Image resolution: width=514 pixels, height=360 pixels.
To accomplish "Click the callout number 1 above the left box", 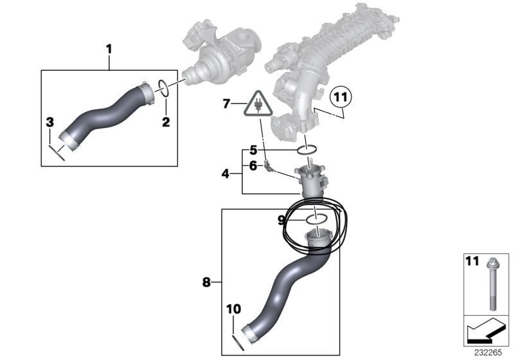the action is pyautogui.click(x=109, y=50).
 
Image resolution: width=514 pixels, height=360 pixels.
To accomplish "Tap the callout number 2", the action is pyautogui.click(x=166, y=122).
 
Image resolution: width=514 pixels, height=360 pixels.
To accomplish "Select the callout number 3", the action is pyautogui.click(x=49, y=123).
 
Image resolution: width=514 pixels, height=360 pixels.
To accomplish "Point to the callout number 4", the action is pyautogui.click(x=226, y=174).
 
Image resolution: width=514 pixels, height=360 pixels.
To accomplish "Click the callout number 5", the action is pyautogui.click(x=253, y=150).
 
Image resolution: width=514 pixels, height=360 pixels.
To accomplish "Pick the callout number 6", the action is pyautogui.click(x=253, y=166).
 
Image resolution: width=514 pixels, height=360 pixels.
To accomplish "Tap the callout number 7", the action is pyautogui.click(x=227, y=104).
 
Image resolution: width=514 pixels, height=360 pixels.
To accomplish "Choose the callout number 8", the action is pyautogui.click(x=206, y=282).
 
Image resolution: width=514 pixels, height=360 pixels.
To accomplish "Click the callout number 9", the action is pyautogui.click(x=281, y=221).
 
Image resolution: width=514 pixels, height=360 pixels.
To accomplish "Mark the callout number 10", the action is pyautogui.click(x=233, y=309).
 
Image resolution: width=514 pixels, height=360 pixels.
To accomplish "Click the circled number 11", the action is pyautogui.click(x=341, y=97).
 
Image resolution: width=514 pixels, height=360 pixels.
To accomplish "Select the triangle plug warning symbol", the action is pyautogui.click(x=258, y=104).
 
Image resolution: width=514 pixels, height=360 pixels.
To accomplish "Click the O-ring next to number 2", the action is pyautogui.click(x=164, y=88).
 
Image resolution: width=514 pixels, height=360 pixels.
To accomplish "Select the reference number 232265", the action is pyautogui.click(x=488, y=353).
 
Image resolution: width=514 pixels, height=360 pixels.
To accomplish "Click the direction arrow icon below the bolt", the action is pyautogui.click(x=486, y=331).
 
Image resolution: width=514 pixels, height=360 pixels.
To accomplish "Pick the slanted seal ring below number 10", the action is pyautogui.click(x=238, y=343).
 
